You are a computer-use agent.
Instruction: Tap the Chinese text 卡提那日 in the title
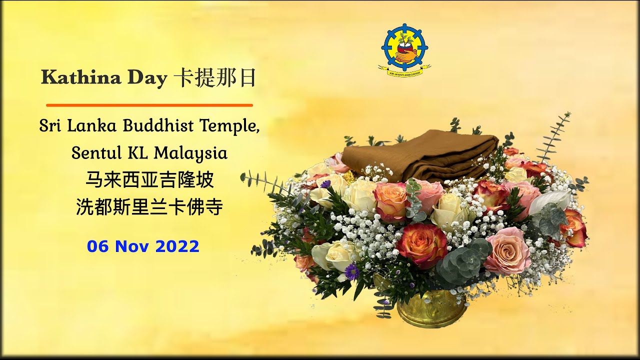(x=215, y=78)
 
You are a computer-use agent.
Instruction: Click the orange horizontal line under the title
(x=149, y=105)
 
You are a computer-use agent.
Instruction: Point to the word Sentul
(x=93, y=153)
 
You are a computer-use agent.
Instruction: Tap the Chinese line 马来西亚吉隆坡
(x=149, y=179)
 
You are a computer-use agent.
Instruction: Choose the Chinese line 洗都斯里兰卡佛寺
(x=149, y=206)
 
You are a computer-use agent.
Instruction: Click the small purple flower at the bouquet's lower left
(x=352, y=272)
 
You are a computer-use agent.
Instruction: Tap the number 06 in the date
(x=98, y=246)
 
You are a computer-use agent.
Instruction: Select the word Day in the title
(x=146, y=78)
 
